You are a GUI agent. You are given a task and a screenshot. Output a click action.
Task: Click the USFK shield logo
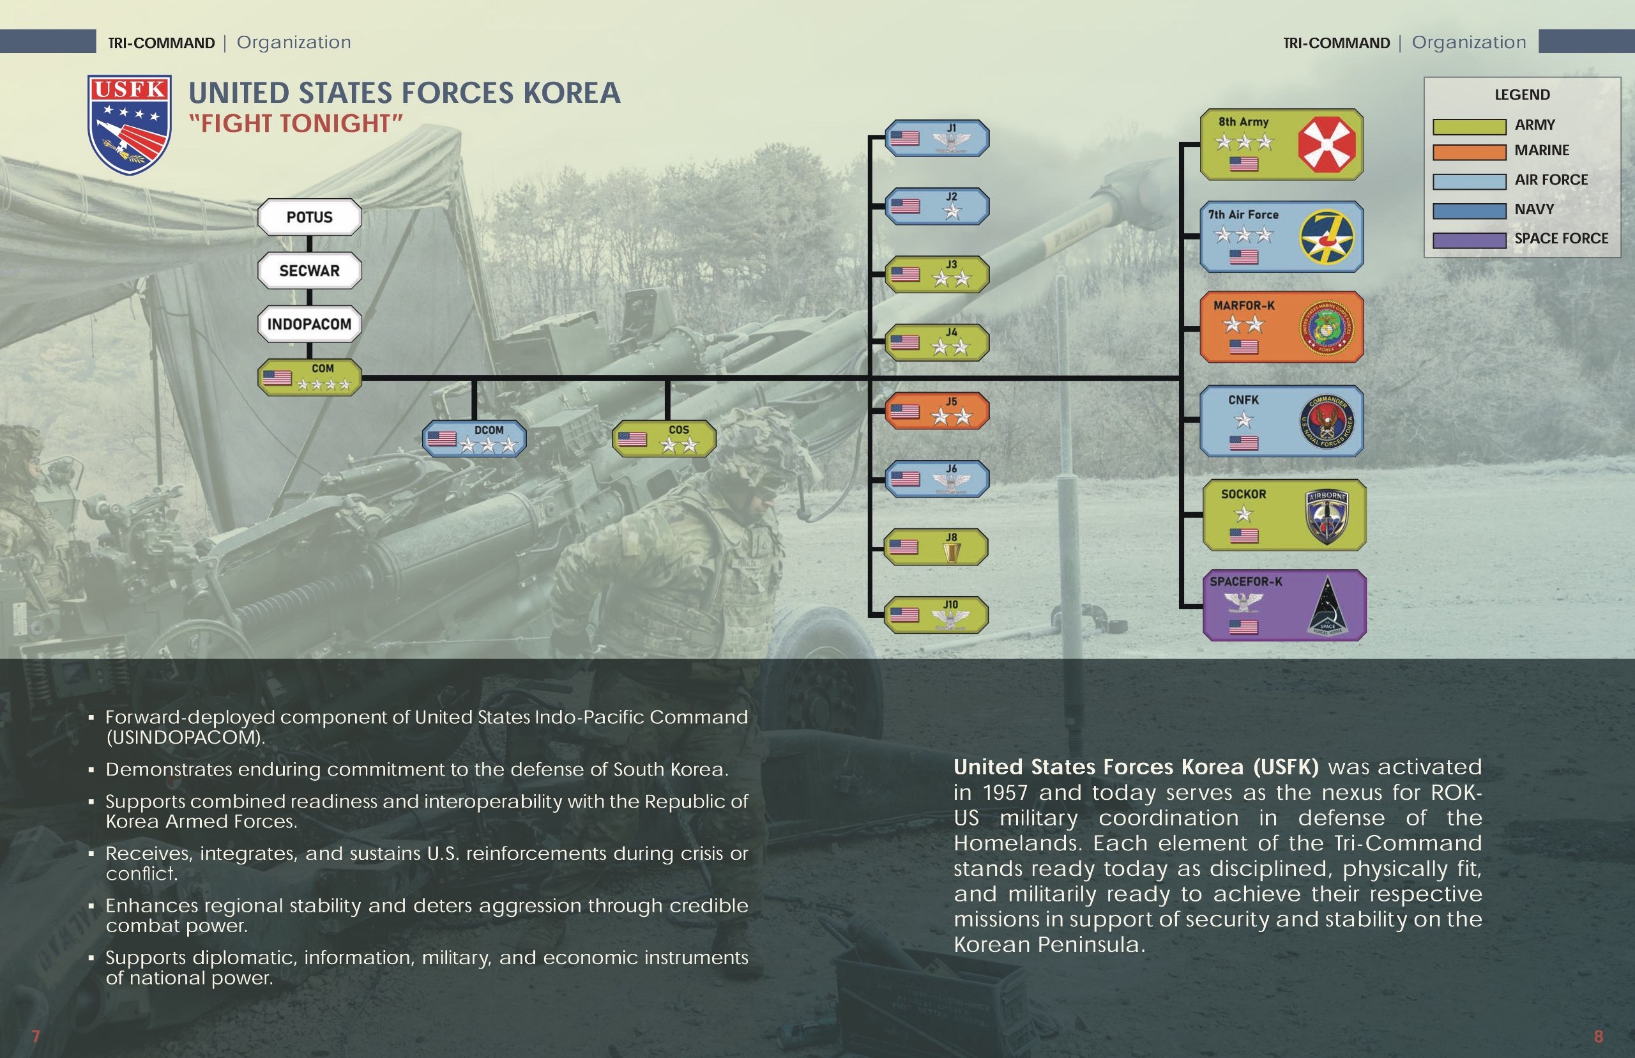click(129, 125)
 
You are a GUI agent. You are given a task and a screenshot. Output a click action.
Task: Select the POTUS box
click(309, 217)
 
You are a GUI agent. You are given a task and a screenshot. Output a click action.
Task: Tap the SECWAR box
click(309, 271)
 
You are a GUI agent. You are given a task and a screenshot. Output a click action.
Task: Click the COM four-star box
click(310, 377)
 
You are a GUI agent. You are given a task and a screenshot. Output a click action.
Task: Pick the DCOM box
click(475, 438)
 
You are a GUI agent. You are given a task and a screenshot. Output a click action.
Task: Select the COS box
click(664, 438)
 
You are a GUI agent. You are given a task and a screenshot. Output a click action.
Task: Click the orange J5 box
click(937, 411)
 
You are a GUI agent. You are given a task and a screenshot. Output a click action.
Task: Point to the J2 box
click(937, 206)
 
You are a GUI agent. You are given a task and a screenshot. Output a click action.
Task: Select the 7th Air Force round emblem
click(1327, 237)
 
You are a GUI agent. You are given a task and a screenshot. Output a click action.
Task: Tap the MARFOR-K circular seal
click(1327, 328)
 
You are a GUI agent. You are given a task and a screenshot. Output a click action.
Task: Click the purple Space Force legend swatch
click(1469, 240)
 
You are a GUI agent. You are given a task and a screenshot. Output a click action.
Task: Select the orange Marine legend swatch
click(1469, 152)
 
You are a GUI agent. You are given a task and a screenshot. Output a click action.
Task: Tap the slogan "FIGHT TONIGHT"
click(296, 124)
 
